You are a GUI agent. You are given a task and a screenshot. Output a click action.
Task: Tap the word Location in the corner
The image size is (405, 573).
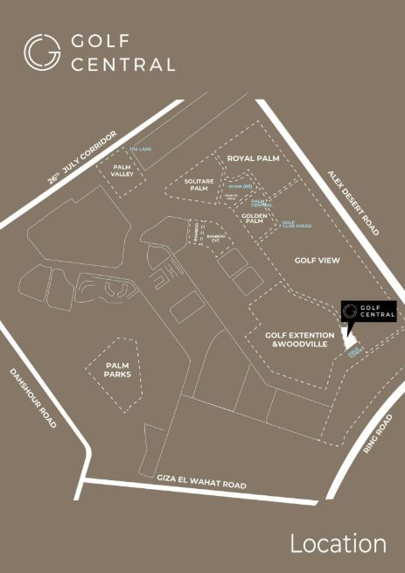pos(338,543)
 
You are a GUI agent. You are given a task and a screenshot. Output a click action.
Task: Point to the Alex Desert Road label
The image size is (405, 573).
pos(353,202)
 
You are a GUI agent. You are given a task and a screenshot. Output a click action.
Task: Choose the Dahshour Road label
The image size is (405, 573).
pos(33,397)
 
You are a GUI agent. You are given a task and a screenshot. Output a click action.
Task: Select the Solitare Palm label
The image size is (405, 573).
pos(199,185)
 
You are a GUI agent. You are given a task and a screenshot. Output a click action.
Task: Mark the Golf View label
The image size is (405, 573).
pos(317,260)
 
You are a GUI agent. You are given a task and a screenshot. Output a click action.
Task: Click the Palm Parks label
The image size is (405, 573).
pos(117,370)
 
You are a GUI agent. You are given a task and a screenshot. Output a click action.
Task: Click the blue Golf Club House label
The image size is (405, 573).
pos(295,225)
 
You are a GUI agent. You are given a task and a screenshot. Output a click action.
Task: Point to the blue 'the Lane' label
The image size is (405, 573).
pos(141,149)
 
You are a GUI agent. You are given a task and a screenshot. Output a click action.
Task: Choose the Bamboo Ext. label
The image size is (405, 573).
pos(216,238)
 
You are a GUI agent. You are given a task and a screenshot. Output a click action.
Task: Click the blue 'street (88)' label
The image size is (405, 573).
pos(240,186)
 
